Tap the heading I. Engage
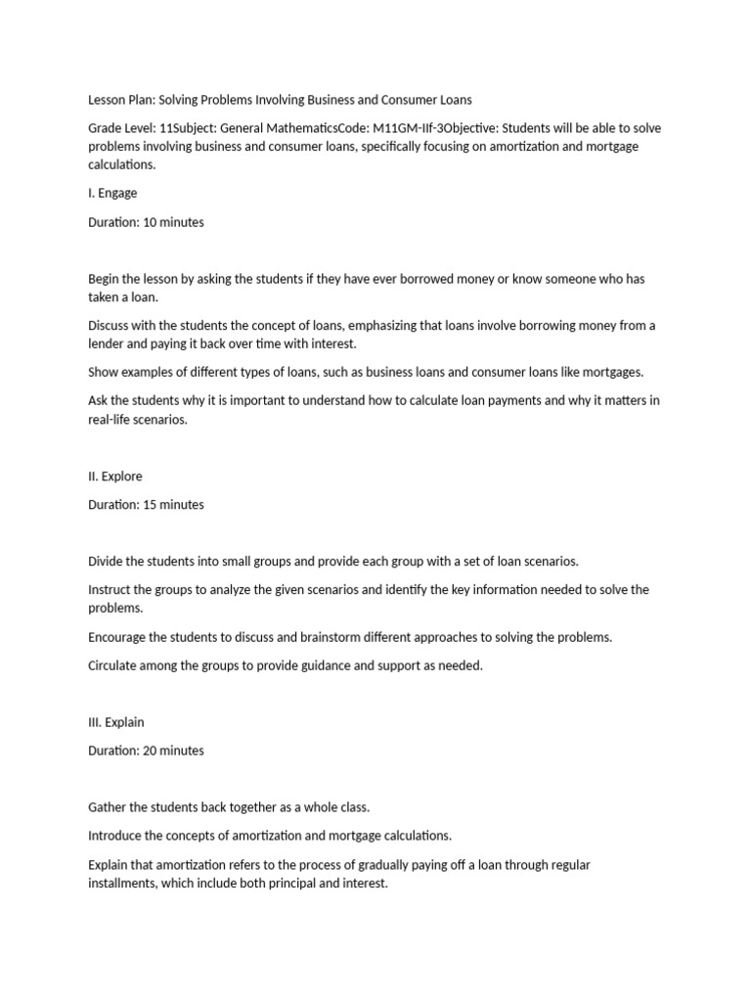click(x=112, y=193)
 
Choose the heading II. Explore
click(x=115, y=477)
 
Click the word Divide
click(x=108, y=562)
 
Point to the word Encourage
click(x=118, y=637)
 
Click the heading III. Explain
click(x=116, y=722)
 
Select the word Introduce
click(x=116, y=836)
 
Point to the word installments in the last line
click(x=122, y=883)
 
